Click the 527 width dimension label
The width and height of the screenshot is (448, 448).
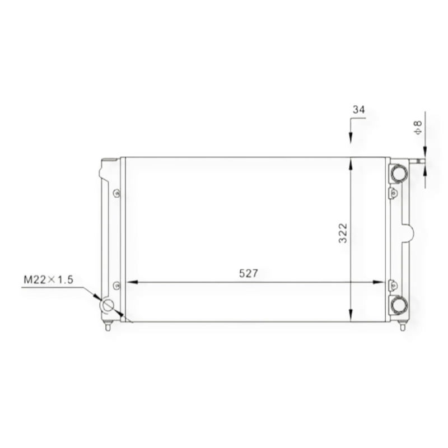click(x=248, y=273)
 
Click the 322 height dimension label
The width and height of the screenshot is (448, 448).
click(x=343, y=233)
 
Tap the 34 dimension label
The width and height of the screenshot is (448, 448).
click(x=359, y=109)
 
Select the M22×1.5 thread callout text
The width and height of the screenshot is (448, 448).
click(x=48, y=279)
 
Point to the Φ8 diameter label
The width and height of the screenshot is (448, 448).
click(x=418, y=128)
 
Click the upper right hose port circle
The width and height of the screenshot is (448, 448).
click(x=399, y=174)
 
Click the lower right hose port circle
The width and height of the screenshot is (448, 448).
click(x=399, y=305)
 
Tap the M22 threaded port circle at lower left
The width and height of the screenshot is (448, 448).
click(x=107, y=305)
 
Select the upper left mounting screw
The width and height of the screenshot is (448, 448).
click(x=116, y=193)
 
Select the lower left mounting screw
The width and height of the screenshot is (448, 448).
click(x=116, y=286)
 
